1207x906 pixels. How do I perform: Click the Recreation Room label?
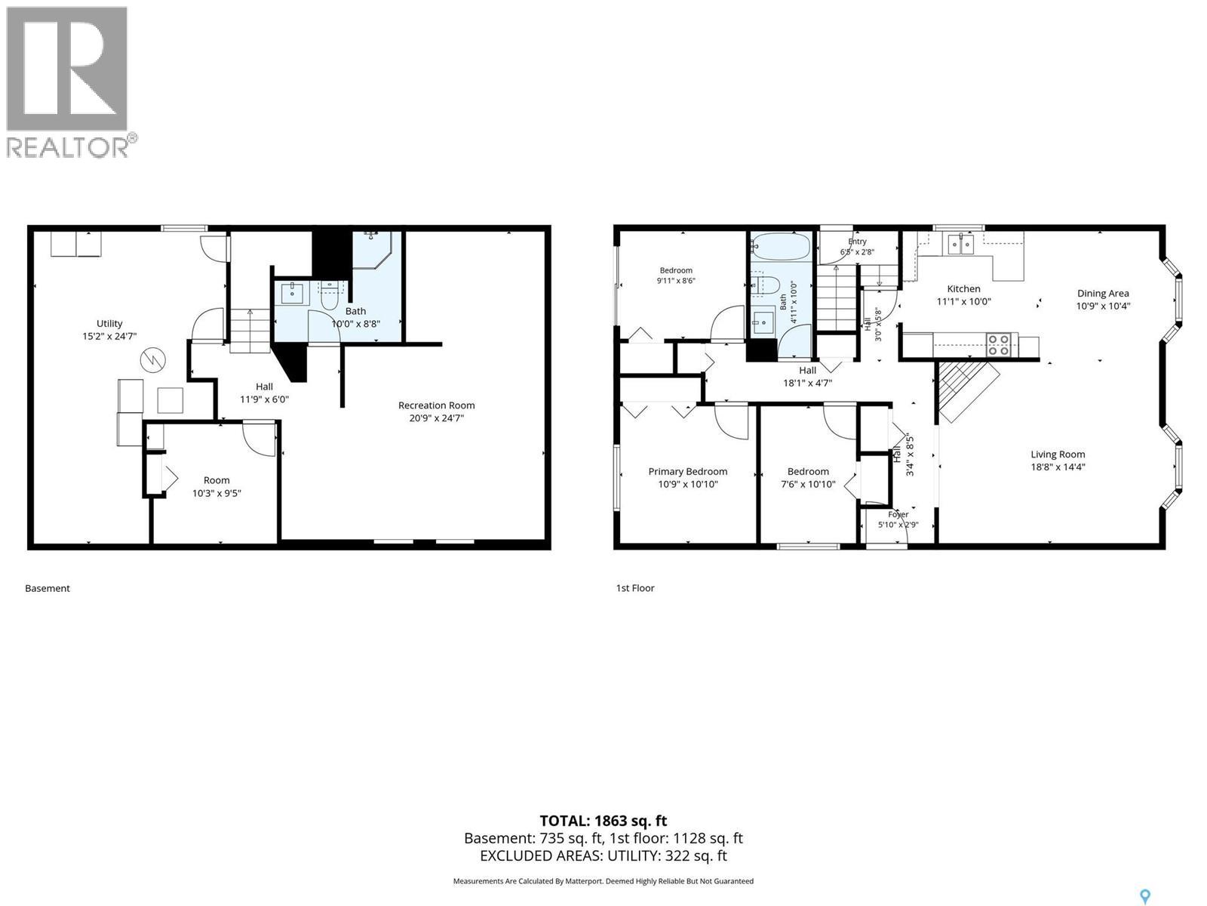click(436, 405)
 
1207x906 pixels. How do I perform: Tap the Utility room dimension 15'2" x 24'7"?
click(109, 336)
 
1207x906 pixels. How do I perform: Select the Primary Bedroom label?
click(687, 471)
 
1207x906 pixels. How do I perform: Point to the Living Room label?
click(1058, 455)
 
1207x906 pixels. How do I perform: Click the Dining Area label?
click(1103, 293)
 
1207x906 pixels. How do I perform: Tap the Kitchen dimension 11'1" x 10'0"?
click(963, 301)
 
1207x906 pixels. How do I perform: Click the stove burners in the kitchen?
click(999, 346)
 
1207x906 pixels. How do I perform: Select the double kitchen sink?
click(960, 244)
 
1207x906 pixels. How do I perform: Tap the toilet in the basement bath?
click(330, 296)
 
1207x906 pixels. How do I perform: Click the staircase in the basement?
click(250, 331)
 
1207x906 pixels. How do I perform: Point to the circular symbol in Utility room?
click(152, 360)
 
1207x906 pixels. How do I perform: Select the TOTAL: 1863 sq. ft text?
click(603, 821)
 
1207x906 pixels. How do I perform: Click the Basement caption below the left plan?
click(48, 588)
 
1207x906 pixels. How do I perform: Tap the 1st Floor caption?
click(635, 588)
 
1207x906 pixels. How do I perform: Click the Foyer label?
click(898, 514)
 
